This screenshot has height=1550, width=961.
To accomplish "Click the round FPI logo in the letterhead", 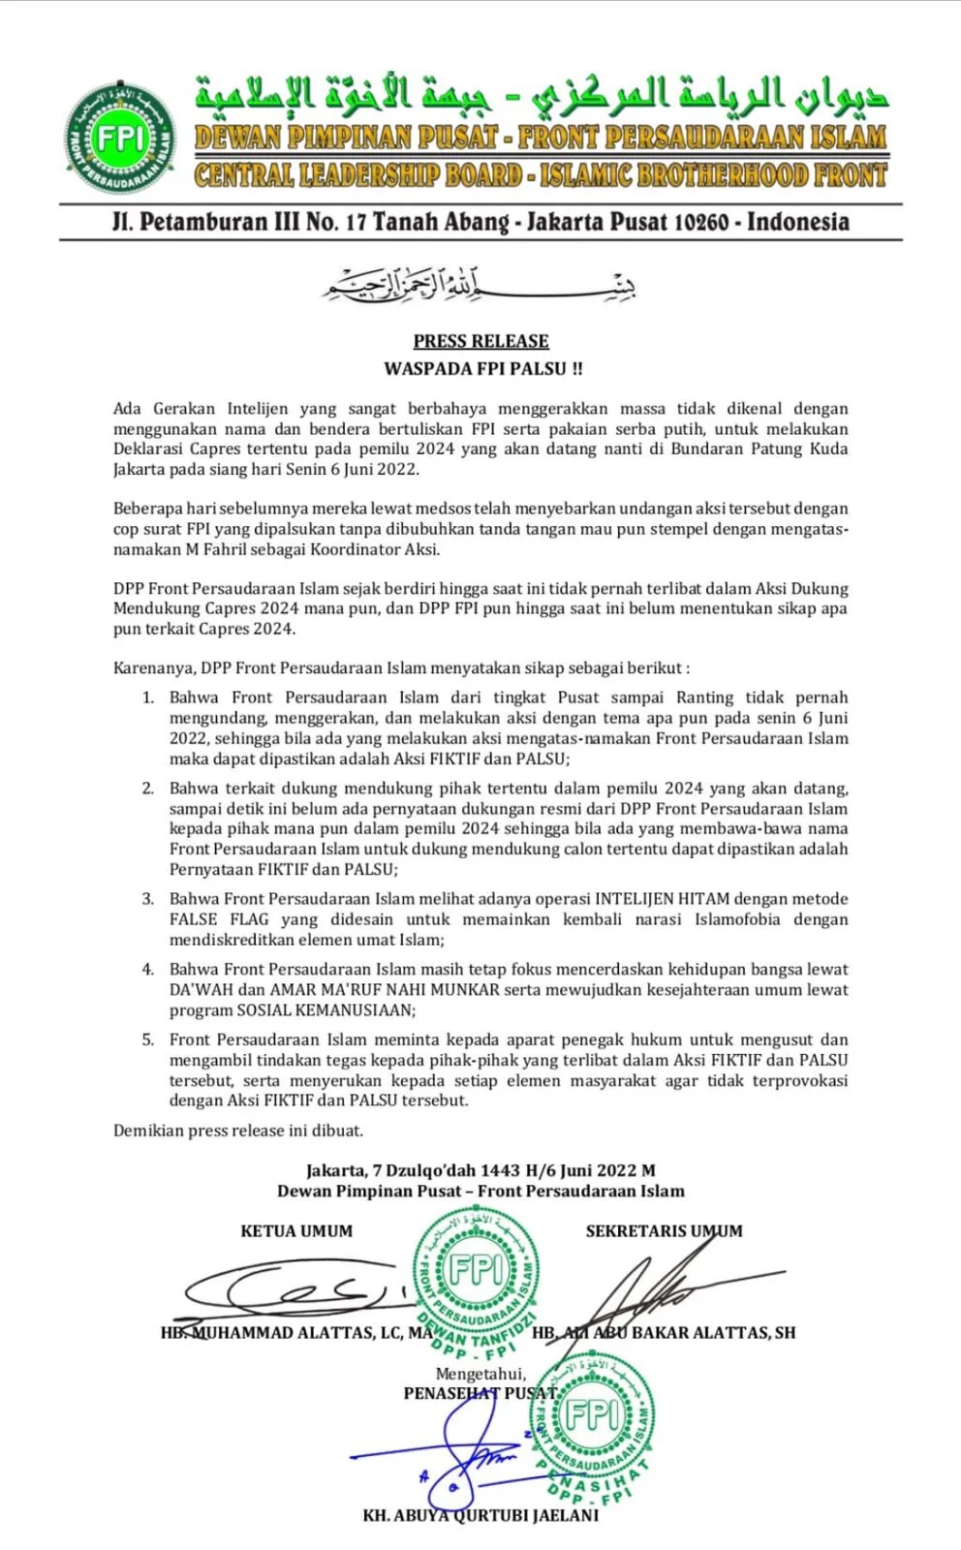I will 120,139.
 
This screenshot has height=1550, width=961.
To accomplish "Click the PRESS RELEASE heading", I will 480,341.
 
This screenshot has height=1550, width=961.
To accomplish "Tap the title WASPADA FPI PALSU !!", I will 482,368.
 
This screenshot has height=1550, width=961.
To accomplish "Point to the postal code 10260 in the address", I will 699,222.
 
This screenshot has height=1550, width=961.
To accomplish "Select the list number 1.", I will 148,697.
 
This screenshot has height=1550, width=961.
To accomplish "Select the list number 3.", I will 148,899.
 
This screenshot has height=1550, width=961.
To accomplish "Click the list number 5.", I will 148,1039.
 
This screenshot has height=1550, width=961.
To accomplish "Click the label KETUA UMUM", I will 296,1231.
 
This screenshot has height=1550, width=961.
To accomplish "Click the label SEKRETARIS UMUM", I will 664,1231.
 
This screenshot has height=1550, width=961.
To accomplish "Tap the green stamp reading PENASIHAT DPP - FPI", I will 592,1424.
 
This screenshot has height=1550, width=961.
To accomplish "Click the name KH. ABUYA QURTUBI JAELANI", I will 480,1515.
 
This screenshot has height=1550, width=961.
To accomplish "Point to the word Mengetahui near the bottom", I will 480,1374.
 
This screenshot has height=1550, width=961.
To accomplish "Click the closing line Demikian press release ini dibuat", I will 238,1131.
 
